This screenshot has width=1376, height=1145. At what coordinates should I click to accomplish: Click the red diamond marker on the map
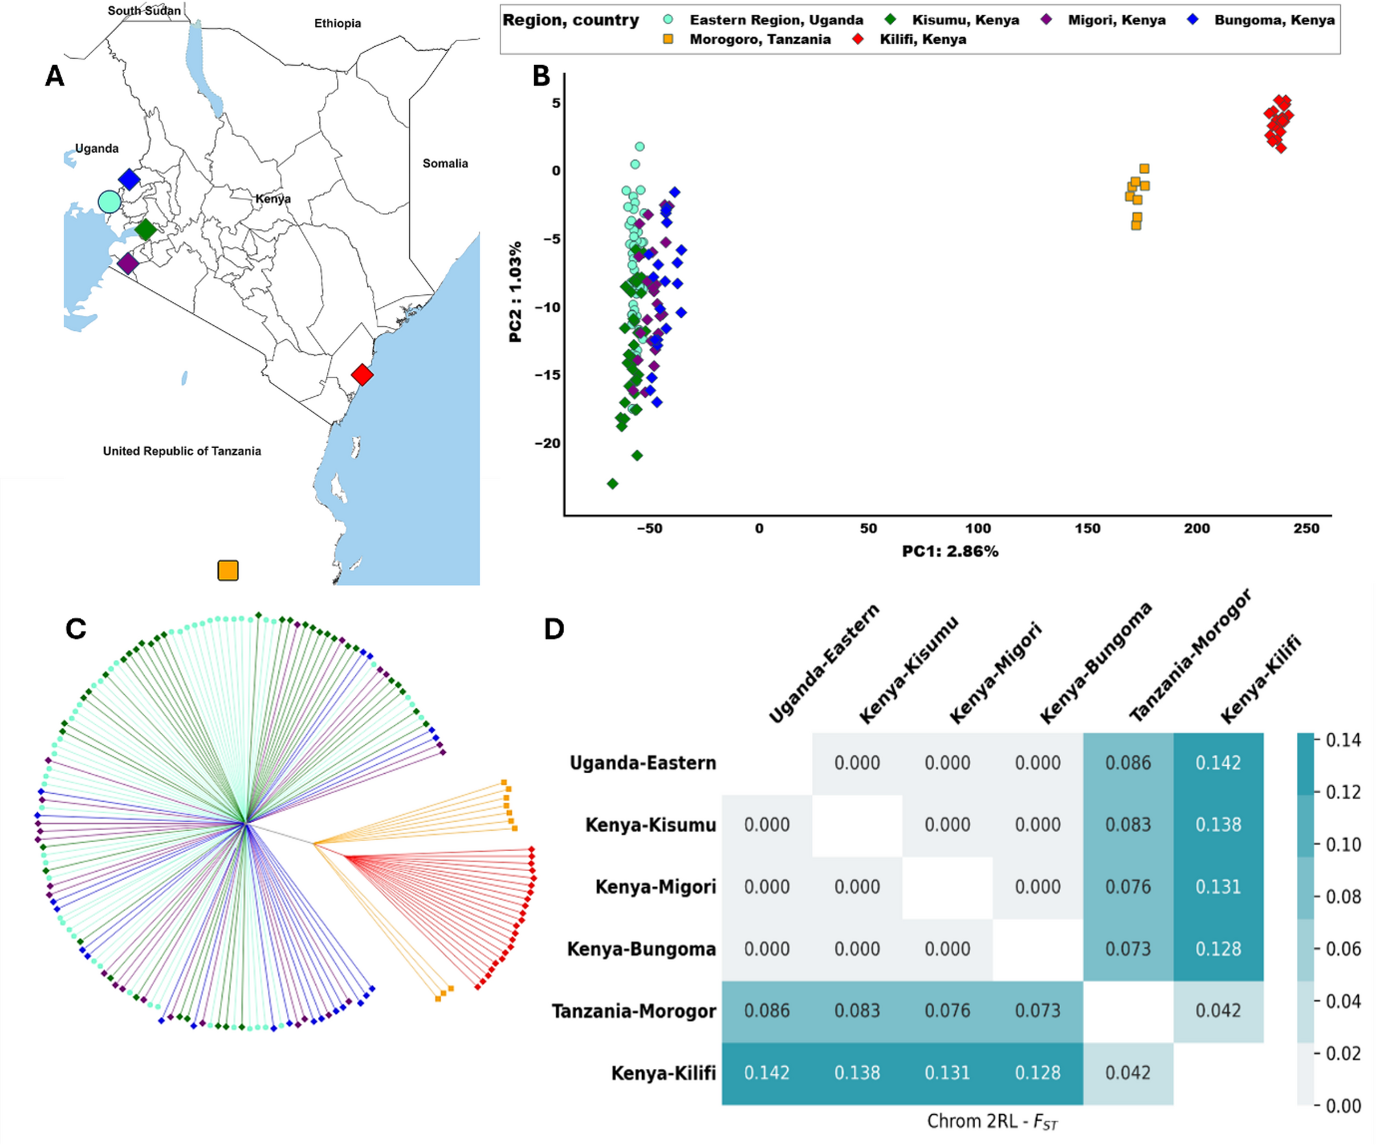[x=362, y=375]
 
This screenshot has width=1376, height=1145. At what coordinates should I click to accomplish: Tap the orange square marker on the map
[x=228, y=570]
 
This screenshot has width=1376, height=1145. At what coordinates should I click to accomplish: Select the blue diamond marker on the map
[x=129, y=179]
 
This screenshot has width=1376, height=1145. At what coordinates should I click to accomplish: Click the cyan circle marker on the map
[x=109, y=202]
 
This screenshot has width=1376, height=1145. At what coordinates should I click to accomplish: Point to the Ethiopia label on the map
[x=337, y=23]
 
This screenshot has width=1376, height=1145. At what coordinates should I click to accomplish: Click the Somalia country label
[x=445, y=163]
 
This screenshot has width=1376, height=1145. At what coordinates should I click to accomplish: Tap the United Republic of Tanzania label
[x=182, y=451]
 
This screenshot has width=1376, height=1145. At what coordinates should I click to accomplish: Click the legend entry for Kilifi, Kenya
[x=922, y=39]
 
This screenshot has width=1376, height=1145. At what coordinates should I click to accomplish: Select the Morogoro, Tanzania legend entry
[x=759, y=39]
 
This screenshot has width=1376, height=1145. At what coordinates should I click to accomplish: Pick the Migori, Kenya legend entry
[x=1116, y=20]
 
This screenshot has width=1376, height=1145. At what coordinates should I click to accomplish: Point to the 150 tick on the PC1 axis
[x=1087, y=529]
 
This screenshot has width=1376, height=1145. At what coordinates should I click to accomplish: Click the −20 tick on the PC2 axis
[x=548, y=443]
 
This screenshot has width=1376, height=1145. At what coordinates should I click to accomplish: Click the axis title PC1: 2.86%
[x=950, y=551]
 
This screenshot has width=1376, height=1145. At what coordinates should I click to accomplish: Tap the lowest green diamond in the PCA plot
[x=613, y=483]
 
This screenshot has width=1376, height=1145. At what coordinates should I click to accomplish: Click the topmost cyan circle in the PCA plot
[x=639, y=147]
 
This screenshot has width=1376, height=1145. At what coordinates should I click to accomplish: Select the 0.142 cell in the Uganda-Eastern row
[x=1218, y=763]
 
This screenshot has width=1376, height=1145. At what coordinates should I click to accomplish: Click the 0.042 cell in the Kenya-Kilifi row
[x=1127, y=1072]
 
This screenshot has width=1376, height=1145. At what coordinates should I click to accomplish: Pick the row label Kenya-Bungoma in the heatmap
[x=641, y=949]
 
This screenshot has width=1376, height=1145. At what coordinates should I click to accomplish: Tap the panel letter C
[x=75, y=629]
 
